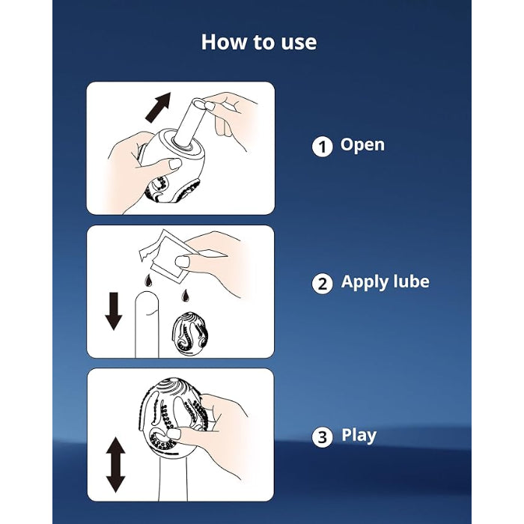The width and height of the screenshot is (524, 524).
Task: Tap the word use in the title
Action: [x=299, y=43]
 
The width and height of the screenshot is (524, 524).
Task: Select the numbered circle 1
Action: [x=322, y=147]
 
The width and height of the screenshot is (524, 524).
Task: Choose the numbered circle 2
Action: [x=322, y=284]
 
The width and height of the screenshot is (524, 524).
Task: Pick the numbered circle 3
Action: [x=322, y=436]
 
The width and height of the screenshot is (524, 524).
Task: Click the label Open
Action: [x=362, y=145]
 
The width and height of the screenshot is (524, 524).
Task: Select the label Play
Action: [x=359, y=436]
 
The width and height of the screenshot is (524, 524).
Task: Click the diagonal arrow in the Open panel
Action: [x=159, y=107]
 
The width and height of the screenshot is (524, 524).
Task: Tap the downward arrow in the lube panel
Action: [x=114, y=311]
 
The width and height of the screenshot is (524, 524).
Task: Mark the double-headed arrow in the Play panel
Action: [x=115, y=465]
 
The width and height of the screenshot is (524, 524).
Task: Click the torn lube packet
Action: [x=165, y=255]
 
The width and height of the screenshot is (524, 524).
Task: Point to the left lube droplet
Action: [x=148, y=281]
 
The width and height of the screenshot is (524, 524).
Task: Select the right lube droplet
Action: [x=185, y=296]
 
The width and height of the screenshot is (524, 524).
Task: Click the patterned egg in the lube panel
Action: [x=190, y=333]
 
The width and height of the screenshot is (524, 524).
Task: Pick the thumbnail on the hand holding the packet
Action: [x=182, y=262]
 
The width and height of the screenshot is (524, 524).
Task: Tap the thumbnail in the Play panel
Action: [x=174, y=433]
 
